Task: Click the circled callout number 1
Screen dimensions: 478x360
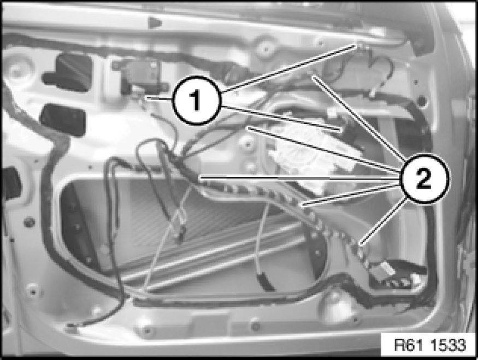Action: pos(196,101)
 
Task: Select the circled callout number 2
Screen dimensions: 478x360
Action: pos(423,179)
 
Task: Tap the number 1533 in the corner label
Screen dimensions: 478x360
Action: pos(448,345)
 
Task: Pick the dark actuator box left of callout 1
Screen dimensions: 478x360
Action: pos(141,76)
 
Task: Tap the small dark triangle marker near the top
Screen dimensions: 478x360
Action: pos(154,22)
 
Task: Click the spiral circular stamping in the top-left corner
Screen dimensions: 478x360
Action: pos(17,67)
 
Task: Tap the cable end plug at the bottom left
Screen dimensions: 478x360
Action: pos(72,328)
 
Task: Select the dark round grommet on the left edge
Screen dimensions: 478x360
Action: pos(29,222)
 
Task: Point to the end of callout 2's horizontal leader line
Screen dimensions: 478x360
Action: pos(200,177)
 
